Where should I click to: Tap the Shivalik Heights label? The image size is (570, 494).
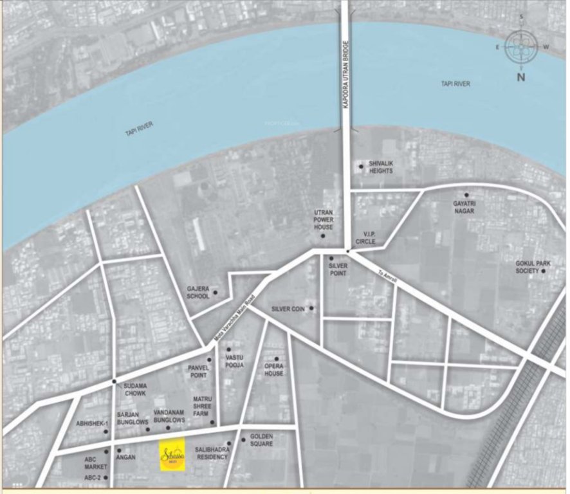click(x=381, y=167)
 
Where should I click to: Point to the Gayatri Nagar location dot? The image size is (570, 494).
click(x=466, y=194)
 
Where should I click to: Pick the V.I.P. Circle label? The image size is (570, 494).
click(x=373, y=239)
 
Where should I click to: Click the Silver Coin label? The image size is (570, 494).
click(x=288, y=309)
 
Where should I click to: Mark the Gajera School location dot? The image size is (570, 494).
click(x=215, y=293)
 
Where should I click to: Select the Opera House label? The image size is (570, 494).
click(x=273, y=370)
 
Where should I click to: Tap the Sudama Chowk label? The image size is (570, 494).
click(x=135, y=390)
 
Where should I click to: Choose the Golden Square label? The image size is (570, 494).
click(x=262, y=440)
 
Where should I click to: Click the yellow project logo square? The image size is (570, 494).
click(x=172, y=454)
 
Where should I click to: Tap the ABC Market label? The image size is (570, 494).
click(x=94, y=463)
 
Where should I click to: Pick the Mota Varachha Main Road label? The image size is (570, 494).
click(x=235, y=319)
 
